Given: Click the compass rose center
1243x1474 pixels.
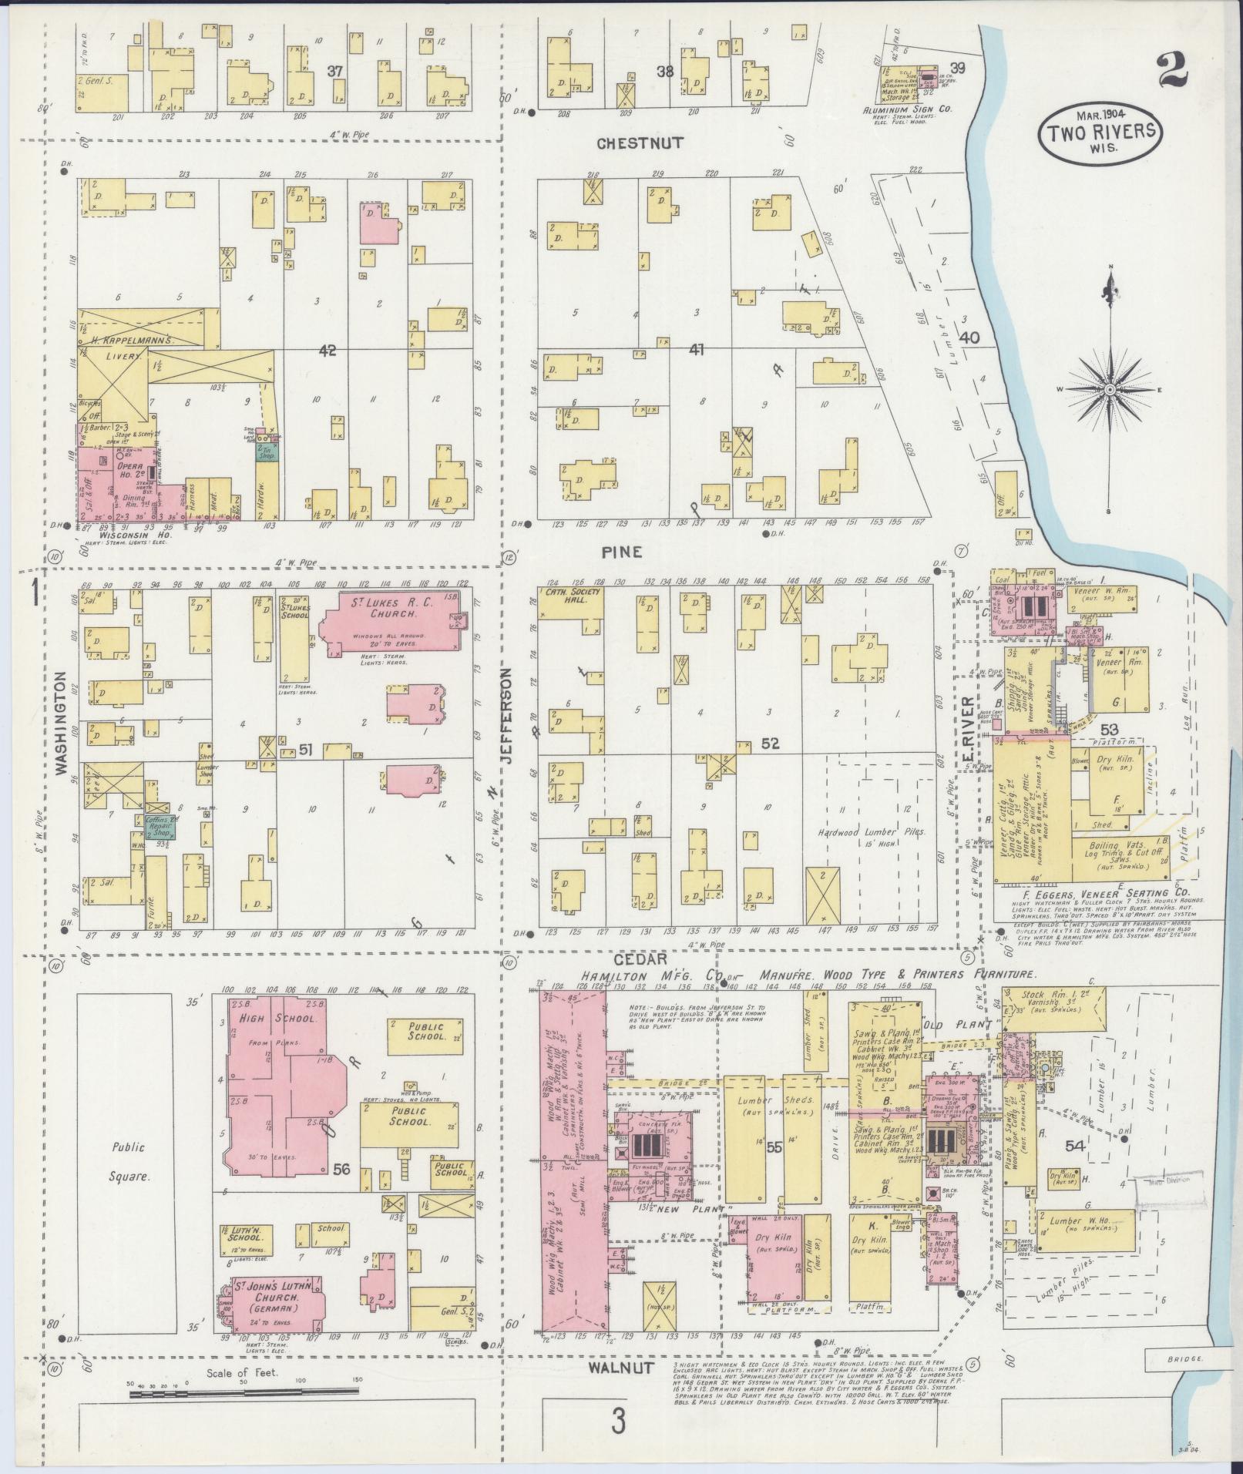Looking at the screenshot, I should pyautogui.click(x=1110, y=391).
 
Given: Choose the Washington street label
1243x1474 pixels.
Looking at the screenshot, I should pyautogui.click(x=60, y=724).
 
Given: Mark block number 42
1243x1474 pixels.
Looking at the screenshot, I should pyautogui.click(x=328, y=350).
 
